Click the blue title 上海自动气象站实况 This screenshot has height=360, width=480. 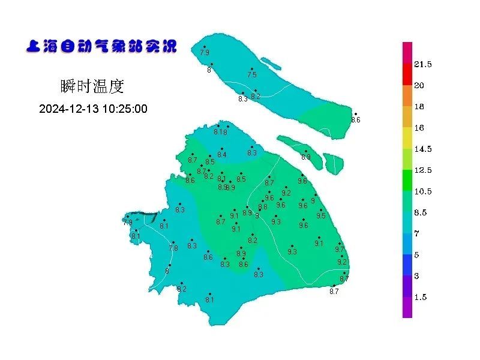click(x=101, y=46)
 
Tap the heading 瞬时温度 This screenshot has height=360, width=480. click(x=92, y=86)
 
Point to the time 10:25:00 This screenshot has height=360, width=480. click(x=125, y=109)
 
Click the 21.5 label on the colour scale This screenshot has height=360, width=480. click(x=423, y=64)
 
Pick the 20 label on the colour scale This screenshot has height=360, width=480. click(x=419, y=85)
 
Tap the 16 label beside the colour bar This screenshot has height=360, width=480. click(x=419, y=128)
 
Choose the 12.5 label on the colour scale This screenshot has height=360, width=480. click(x=423, y=170)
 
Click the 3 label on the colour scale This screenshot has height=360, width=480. click(x=416, y=276)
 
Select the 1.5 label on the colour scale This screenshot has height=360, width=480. click(x=421, y=297)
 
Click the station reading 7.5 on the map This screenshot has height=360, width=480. click(x=252, y=75)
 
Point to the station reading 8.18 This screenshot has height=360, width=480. click(x=220, y=132)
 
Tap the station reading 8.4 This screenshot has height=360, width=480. click(x=222, y=155)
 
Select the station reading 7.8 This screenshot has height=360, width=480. click(x=173, y=248)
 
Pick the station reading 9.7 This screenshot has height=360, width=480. click(x=340, y=249)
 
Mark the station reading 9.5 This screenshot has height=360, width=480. click(x=321, y=216)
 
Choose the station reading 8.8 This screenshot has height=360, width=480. click(x=263, y=207)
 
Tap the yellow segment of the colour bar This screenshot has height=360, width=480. click(x=407, y=138)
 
